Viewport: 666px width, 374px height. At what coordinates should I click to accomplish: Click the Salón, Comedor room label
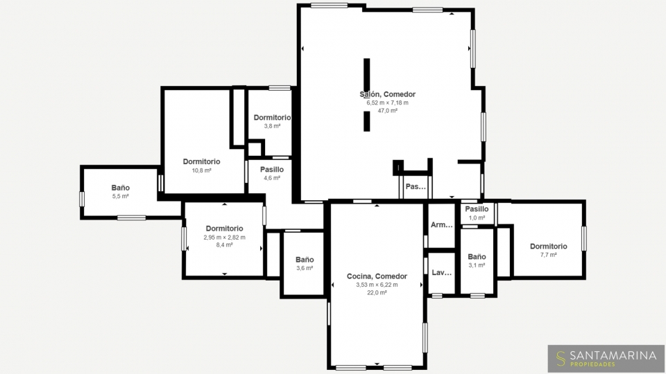click(387, 94)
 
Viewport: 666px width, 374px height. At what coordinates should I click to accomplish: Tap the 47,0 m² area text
click(387, 111)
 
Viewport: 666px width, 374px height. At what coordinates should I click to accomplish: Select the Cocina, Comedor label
click(377, 276)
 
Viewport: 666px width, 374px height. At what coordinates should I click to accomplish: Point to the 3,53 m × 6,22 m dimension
click(377, 285)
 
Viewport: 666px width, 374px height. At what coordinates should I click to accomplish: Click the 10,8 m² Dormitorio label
click(201, 161)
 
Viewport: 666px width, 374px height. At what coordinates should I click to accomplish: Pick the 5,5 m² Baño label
click(121, 188)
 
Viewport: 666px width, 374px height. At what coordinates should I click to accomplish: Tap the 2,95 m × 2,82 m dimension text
click(224, 238)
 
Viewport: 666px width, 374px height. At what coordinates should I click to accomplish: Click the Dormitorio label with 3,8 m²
click(272, 118)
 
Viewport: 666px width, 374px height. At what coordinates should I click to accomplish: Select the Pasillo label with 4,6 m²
click(272, 170)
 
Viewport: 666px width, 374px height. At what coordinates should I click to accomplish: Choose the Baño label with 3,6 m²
click(305, 260)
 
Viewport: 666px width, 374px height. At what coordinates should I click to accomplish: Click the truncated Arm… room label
click(442, 224)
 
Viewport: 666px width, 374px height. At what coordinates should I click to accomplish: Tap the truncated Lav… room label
click(442, 273)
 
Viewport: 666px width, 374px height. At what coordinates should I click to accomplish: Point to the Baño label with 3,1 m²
click(477, 257)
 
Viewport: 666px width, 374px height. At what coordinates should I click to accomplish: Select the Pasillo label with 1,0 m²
click(477, 209)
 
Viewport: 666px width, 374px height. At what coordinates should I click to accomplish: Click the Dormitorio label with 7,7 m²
click(548, 247)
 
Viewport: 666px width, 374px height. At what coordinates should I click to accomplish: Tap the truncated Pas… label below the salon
click(416, 186)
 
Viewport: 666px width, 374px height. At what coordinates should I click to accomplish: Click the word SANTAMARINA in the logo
click(613, 355)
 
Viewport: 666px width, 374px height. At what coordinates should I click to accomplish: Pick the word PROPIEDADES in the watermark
click(592, 364)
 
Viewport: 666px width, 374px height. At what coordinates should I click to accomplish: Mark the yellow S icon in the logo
click(561, 359)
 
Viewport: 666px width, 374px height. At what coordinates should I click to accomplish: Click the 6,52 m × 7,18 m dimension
click(387, 103)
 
